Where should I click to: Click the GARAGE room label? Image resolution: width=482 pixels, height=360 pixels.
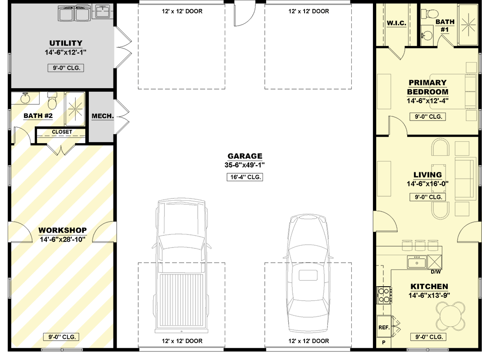pos(245,156)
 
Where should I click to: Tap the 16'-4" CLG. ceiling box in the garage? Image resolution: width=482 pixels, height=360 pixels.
pos(245,177)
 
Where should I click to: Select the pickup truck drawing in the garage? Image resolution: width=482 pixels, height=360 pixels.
pos(182,266)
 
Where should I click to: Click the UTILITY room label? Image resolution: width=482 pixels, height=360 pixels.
pos(66,43)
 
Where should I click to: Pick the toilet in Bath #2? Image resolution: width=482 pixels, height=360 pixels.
pos(53,101)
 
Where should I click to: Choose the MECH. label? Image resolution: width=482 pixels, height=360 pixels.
pos(103,116)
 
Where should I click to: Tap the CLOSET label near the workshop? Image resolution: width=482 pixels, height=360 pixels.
pos(62,132)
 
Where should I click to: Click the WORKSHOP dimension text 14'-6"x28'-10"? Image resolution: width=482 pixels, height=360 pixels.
pos(63,239)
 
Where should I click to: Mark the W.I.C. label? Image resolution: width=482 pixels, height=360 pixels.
pos(396,23)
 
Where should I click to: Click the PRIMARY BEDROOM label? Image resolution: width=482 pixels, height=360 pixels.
pos(427,87)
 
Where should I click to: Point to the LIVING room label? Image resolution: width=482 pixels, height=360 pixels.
pos(427,175)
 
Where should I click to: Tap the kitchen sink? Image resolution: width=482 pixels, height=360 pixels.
pos(417,262)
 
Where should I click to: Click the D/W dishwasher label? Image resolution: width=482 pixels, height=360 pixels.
pos(436,272)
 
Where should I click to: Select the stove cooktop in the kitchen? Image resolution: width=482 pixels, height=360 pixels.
pos(384,295)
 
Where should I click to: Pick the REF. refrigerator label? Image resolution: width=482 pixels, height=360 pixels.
pos(384,328)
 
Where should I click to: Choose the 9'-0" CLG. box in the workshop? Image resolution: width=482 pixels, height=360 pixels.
pos(62,337)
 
